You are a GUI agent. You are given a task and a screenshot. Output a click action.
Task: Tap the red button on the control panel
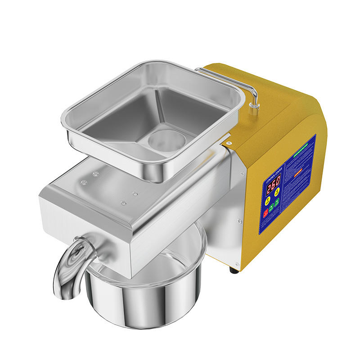pos(266,212)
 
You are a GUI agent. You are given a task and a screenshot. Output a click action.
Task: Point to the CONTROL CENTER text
pos(273,171)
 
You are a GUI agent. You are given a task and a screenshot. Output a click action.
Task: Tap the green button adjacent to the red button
pos(271,207)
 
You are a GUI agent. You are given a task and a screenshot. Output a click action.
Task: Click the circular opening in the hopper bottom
pos(166,139)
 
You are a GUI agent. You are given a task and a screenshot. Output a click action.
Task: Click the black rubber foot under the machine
pos(234,270)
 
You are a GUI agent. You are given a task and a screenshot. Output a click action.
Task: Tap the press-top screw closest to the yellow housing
pos(135,193)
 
